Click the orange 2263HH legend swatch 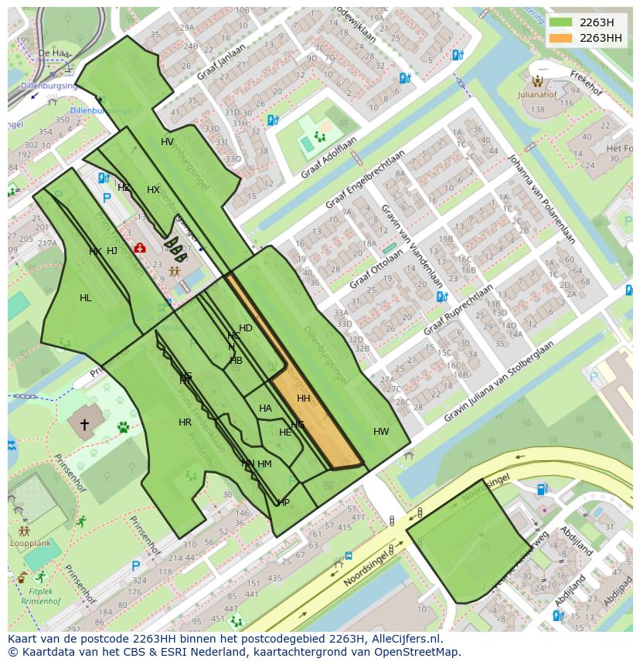click(560, 39)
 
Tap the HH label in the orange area click(303, 399)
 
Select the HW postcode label click(381, 432)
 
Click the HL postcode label click(85, 298)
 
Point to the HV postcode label click(167, 142)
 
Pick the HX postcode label click(153, 190)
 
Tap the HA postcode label click(265, 409)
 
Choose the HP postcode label click(284, 503)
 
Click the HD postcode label click(246, 328)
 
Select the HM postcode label click(264, 464)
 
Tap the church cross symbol click(84, 425)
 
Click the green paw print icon click(123, 426)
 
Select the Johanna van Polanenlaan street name click(540, 198)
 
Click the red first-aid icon click(140, 248)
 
